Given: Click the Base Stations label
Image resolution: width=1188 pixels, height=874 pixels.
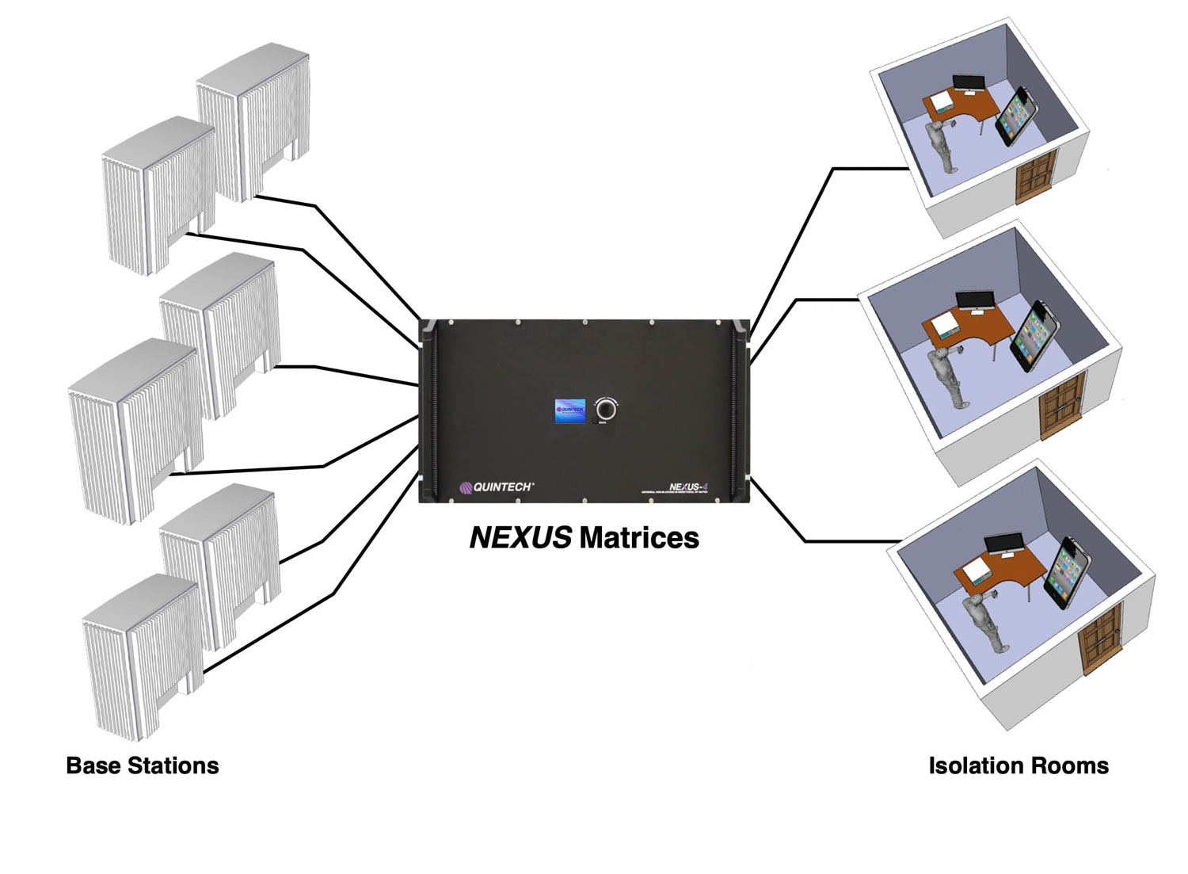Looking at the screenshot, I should coord(143,765).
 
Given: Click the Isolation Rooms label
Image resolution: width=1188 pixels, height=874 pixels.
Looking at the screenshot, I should coord(1019,765).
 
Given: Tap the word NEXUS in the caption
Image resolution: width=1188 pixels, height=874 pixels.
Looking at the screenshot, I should coord(520,538).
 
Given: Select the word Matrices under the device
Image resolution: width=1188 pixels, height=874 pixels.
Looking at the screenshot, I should coord(639,538).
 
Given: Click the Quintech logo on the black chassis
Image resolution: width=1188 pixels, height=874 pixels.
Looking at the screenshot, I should coord(497,487).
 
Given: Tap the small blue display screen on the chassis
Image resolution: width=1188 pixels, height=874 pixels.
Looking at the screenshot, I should coord(569,410).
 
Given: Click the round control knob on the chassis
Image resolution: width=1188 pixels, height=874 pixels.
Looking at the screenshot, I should coord(606,410).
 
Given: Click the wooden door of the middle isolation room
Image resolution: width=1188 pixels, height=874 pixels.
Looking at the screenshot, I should coord(1061,406).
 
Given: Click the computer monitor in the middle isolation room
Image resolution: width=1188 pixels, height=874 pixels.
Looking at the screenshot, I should coord(975,300).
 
